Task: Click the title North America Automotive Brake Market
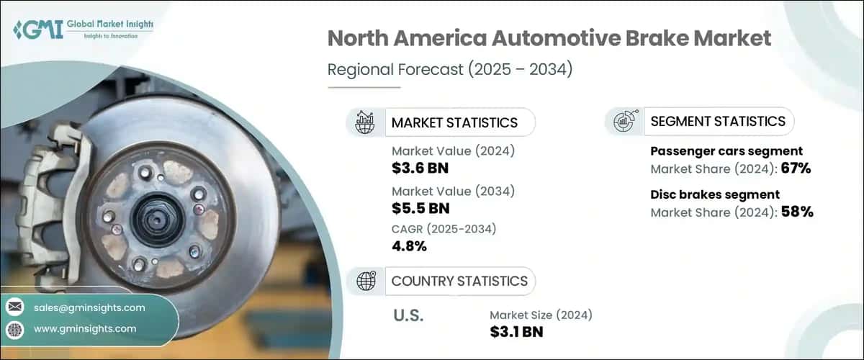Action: (549, 39)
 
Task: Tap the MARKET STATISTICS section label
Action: (454, 122)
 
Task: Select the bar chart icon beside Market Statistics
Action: (366, 122)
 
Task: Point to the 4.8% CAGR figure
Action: (409, 246)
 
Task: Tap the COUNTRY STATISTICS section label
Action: (459, 281)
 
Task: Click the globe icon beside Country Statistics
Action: (366, 281)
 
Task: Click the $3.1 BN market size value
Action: (516, 332)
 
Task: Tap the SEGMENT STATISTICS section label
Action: (717, 121)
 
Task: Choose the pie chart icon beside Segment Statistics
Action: (624, 122)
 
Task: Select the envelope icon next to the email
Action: (14, 307)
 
